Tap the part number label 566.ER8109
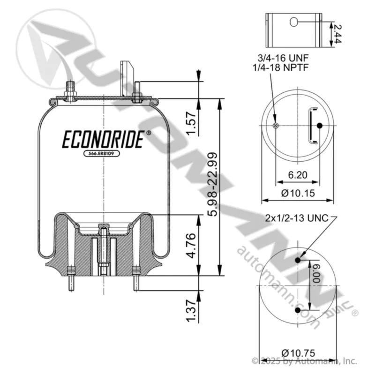(x=102, y=153)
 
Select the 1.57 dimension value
(x=191, y=123)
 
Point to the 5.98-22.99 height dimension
(x=212, y=184)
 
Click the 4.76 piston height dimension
(x=191, y=246)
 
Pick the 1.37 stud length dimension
(x=191, y=310)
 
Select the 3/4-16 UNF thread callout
(x=283, y=58)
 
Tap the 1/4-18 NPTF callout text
(x=280, y=67)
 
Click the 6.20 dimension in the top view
(x=298, y=175)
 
